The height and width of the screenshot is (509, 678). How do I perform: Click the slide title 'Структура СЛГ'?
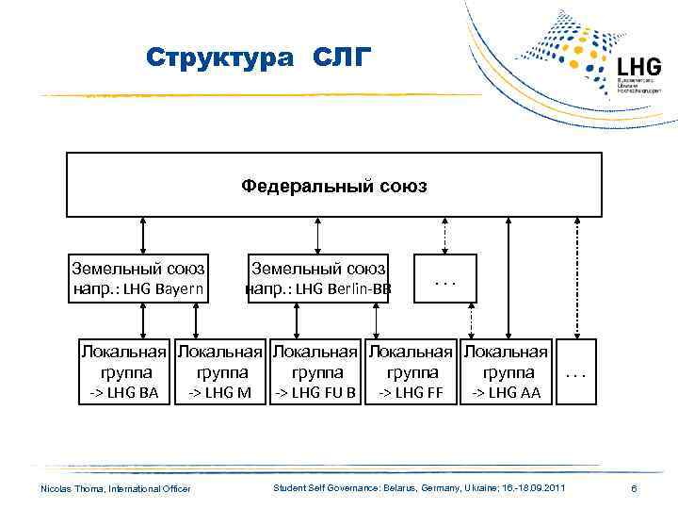point(260,58)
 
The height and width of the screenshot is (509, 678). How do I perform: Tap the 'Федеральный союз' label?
point(333,186)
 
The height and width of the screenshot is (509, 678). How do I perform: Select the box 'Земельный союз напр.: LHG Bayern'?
point(139,279)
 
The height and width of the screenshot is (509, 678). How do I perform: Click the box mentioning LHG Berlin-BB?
point(317,279)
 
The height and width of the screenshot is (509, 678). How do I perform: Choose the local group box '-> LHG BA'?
point(123,372)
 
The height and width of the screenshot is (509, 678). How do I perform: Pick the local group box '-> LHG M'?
point(219,372)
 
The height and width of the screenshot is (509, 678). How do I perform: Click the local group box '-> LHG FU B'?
point(315,372)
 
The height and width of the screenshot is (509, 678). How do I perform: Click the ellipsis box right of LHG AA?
point(576,372)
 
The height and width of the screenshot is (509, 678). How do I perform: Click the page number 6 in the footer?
point(635,488)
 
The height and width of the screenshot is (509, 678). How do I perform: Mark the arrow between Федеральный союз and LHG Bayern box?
point(142,236)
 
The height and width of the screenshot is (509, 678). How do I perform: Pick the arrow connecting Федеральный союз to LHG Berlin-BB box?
point(319,236)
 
